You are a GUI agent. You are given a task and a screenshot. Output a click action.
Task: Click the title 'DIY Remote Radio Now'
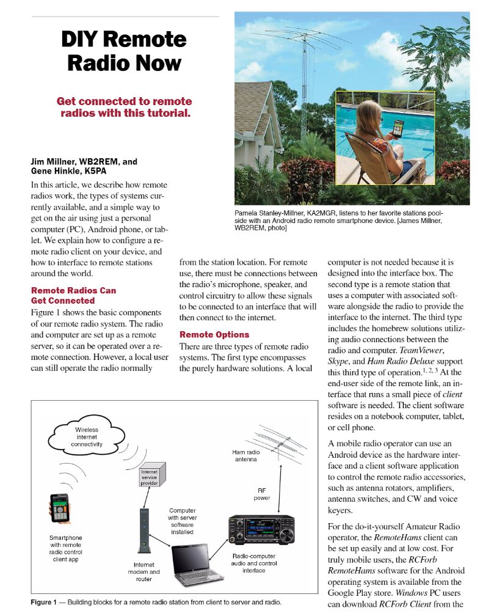124,51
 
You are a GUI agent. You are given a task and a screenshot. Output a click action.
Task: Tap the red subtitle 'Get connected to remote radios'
124,107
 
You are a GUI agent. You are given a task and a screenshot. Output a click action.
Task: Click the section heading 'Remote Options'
214,334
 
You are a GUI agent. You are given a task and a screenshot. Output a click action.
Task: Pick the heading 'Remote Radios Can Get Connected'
73,295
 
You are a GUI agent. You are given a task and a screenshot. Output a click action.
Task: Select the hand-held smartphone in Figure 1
59,508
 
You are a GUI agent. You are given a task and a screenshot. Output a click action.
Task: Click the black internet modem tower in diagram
144,529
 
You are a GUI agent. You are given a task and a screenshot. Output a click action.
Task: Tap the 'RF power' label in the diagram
262,494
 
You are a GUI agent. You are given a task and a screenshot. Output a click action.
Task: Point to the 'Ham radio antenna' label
245,455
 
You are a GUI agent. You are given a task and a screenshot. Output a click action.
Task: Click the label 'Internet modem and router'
147,571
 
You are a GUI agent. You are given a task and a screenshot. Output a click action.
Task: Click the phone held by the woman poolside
399,129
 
